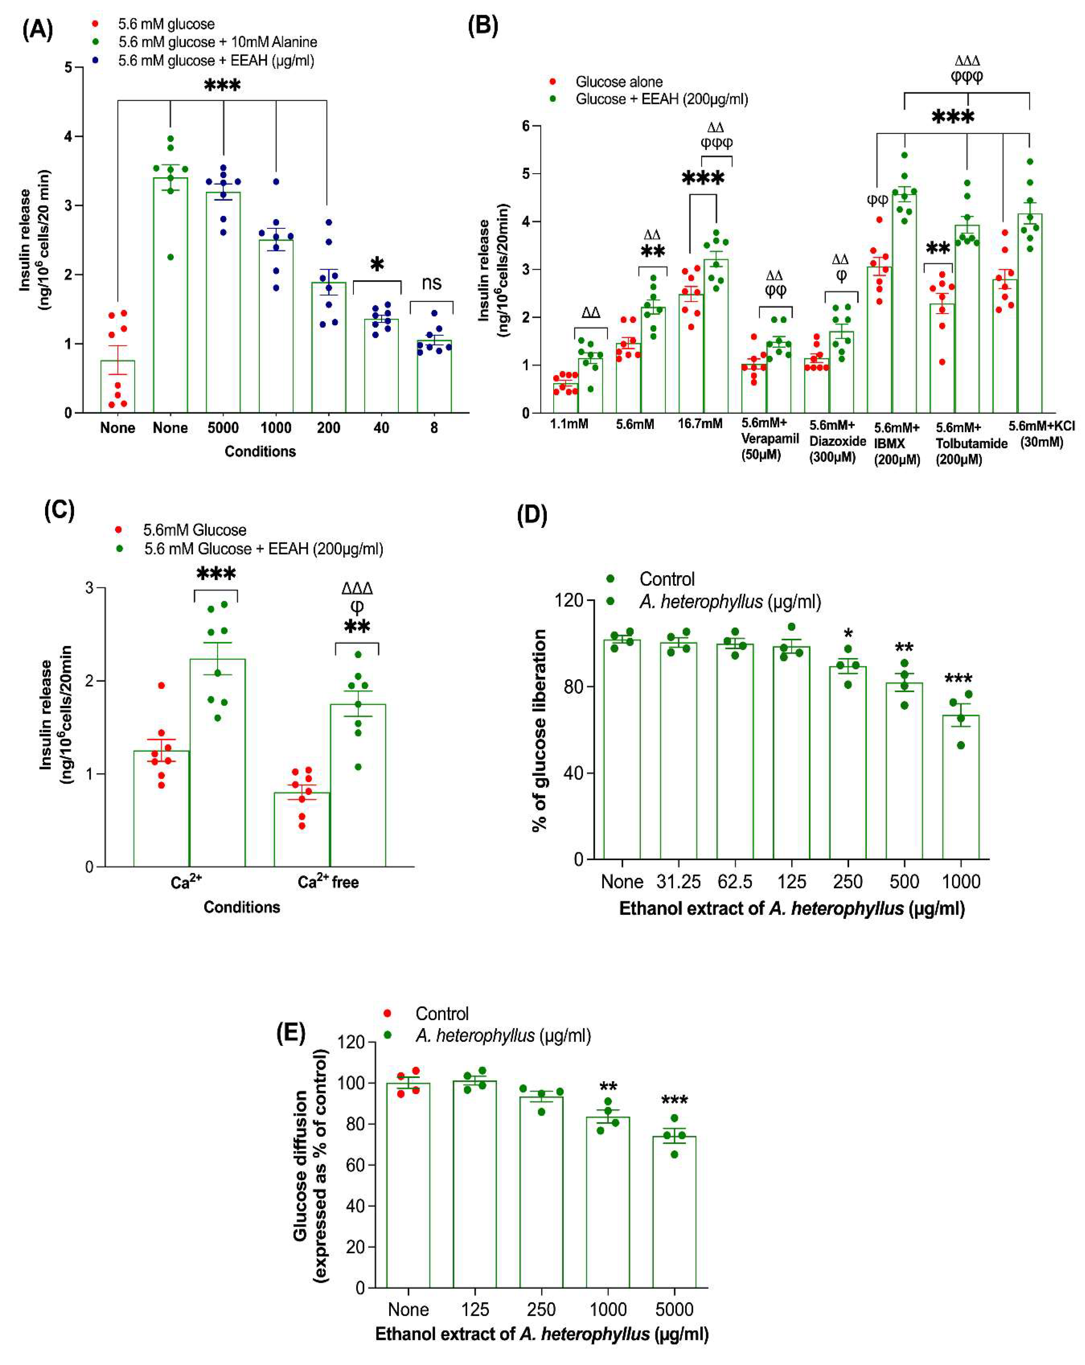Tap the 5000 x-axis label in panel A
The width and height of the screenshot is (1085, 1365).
[x=223, y=428]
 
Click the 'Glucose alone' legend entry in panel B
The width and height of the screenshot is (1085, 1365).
[x=618, y=82]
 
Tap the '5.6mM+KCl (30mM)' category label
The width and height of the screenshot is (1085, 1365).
[x=1041, y=434]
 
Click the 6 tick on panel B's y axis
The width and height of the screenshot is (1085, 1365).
[x=525, y=126]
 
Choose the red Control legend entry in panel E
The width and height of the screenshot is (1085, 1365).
[x=441, y=1014]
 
